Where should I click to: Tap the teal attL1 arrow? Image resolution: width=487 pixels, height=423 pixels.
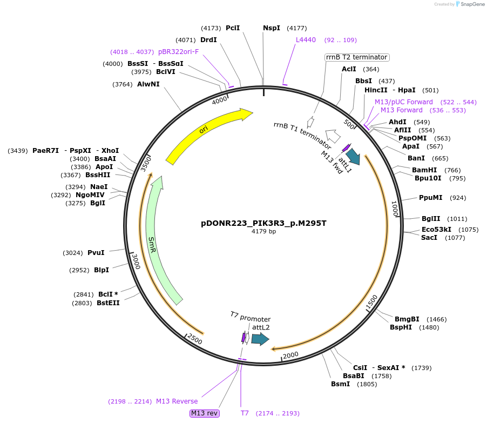pyautogui.click(x=353, y=156)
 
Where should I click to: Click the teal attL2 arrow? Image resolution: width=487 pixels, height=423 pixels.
pyautogui.click(x=260, y=339)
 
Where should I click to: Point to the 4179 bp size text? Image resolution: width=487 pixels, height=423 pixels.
pyautogui.click(x=263, y=231)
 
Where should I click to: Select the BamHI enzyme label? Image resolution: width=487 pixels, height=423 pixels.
pyautogui.click(x=424, y=170)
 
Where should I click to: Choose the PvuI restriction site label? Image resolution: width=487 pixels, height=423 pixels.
pyautogui.click(x=96, y=252)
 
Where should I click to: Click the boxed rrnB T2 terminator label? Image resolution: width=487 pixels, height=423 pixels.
pyautogui.click(x=356, y=57)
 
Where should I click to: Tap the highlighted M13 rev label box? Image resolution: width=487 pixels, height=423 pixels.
pyautogui.click(x=205, y=413)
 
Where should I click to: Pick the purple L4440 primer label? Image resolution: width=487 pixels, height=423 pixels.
pyautogui.click(x=306, y=40)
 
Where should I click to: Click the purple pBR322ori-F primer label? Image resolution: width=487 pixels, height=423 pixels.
pyautogui.click(x=178, y=52)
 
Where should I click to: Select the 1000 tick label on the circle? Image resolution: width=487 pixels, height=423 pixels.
pyautogui.click(x=395, y=209)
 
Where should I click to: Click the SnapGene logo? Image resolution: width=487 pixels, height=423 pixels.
pyautogui.click(x=469, y=4)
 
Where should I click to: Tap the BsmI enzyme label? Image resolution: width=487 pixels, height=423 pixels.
pyautogui.click(x=340, y=384)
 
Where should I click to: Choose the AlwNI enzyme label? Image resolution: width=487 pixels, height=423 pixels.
pyautogui.click(x=148, y=84)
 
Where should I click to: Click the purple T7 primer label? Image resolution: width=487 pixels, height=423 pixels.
pyautogui.click(x=245, y=413)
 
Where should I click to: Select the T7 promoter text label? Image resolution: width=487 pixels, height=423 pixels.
pyautogui.click(x=250, y=318)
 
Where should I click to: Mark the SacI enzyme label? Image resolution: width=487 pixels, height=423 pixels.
pyautogui.click(x=429, y=238)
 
